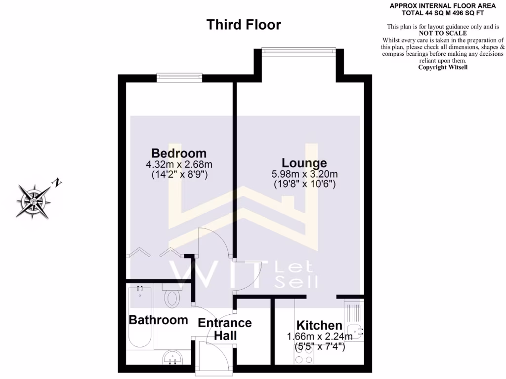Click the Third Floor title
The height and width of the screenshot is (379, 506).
[x=244, y=25]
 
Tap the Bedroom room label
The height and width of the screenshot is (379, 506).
[x=178, y=153]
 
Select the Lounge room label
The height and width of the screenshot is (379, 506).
[x=304, y=162]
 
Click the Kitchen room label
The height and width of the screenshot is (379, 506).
[x=319, y=326]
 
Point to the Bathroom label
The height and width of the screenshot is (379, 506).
[x=158, y=320]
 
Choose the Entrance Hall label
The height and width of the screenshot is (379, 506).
[x=225, y=329]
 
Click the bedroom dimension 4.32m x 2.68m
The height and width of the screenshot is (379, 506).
[x=178, y=164]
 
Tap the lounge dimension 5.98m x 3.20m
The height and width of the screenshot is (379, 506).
[x=304, y=174]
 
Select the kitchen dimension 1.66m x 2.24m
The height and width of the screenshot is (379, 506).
[x=320, y=337]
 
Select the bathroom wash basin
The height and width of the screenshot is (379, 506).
[x=172, y=356]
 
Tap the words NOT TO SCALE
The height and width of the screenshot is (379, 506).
[x=442, y=33]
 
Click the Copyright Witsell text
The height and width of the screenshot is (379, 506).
[x=442, y=67]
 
